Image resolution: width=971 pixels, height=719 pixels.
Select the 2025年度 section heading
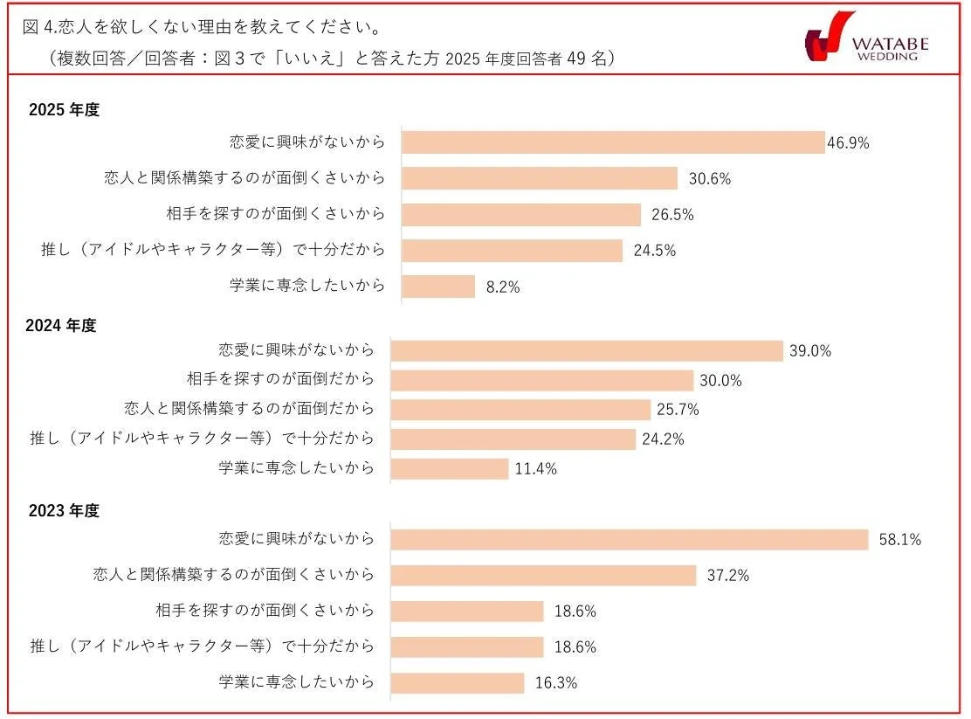pos(65,110)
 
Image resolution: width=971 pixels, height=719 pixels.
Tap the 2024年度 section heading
pos(62,325)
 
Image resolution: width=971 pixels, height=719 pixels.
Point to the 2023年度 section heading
pos(64,511)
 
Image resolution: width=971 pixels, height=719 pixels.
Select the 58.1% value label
pos(899,540)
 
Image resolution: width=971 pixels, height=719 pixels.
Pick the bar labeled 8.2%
pos(438,286)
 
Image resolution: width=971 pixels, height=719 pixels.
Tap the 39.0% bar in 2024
pos(587,350)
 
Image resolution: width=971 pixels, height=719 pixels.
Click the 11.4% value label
pos(535,469)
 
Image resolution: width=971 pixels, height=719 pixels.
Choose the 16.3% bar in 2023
pos(457,682)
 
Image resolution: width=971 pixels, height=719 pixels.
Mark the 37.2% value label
pos(727,576)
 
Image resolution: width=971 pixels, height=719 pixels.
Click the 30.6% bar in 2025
pos(540,178)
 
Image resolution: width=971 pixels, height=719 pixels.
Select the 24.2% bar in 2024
pos(513,439)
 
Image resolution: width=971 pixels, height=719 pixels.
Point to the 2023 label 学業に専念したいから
pos(296,681)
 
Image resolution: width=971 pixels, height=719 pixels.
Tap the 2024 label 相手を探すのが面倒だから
pos(280,379)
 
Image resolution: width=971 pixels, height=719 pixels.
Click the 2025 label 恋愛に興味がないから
pos(306,142)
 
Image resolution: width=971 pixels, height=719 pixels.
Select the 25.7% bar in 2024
pos(520,410)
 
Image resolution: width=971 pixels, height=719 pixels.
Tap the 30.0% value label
pos(720,381)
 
